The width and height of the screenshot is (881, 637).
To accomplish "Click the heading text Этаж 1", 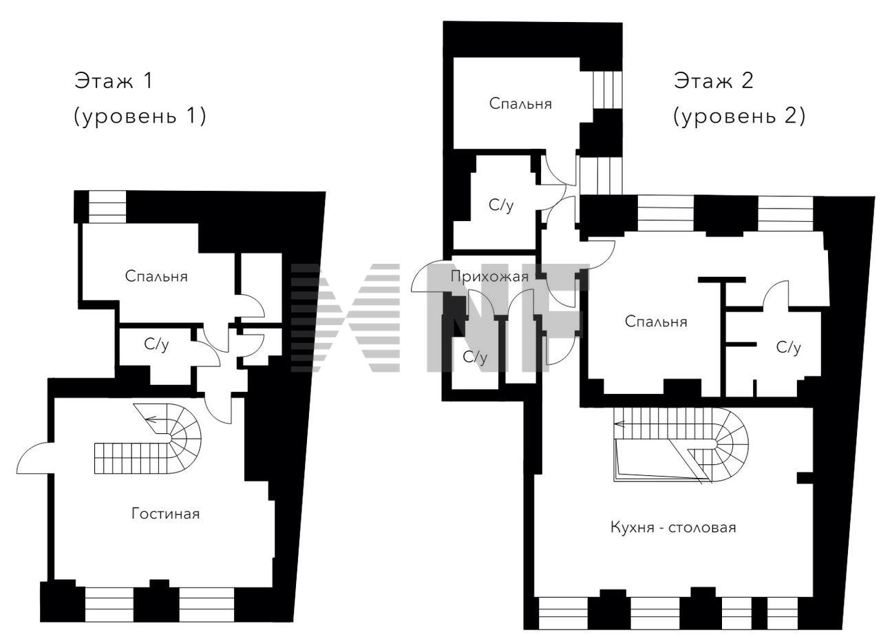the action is [114, 81].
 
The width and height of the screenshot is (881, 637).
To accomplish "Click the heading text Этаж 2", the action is [713, 81].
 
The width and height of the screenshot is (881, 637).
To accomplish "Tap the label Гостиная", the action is [166, 514].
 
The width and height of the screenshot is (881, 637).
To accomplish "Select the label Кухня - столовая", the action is [673, 528].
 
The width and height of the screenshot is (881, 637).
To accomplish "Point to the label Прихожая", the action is [489, 277].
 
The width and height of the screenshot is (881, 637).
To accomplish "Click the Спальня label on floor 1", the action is [156, 276].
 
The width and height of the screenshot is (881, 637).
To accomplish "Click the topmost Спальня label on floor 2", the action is [520, 103].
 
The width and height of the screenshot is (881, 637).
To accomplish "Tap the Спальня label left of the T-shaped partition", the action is [656, 322].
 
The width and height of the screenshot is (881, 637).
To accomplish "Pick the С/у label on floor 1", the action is [156, 344].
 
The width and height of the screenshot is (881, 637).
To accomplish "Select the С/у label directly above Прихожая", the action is [501, 205].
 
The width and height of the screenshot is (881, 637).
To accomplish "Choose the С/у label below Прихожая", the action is [475, 357].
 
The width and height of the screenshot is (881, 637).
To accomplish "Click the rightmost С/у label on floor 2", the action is [789, 347].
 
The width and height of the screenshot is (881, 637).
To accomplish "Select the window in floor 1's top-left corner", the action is [107, 207].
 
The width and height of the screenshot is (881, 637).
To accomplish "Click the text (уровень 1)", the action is [140, 116].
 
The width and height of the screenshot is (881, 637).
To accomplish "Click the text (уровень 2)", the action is [739, 116].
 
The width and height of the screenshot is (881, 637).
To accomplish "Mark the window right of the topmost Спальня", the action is [608, 90].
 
